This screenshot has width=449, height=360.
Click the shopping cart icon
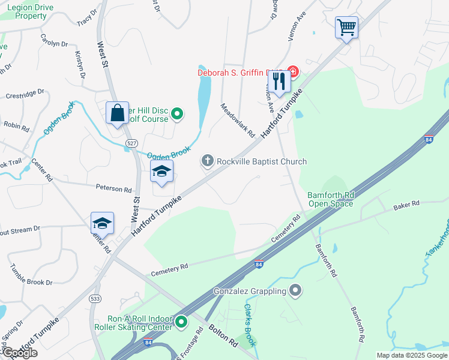346,27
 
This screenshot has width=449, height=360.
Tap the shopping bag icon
117,112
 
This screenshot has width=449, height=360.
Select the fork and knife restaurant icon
279,81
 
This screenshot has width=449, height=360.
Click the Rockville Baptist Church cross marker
208,161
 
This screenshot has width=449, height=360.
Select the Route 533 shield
95,298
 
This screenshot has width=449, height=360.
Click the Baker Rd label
406,206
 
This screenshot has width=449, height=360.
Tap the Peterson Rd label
113,188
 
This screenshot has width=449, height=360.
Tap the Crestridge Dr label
25,94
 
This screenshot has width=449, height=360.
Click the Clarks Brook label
250,325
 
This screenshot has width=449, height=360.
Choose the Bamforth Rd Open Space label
331,199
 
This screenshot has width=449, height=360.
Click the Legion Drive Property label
31,11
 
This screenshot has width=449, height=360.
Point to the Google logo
19,353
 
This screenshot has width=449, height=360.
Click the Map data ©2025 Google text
411,355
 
